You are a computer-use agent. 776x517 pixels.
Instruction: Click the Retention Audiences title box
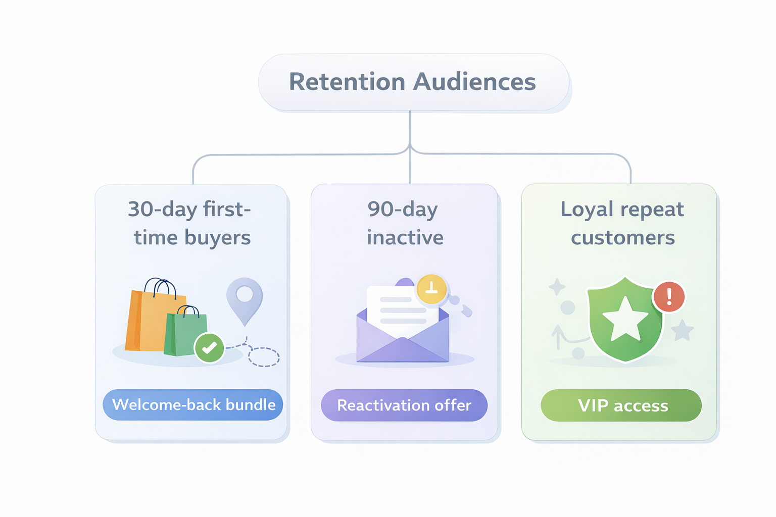(x=413, y=82)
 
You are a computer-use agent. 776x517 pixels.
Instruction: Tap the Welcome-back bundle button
(x=193, y=405)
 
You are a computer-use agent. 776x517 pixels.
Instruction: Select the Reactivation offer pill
(x=404, y=405)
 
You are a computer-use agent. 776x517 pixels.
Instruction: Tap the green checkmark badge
(x=209, y=348)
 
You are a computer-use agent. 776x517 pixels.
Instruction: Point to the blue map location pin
(x=245, y=298)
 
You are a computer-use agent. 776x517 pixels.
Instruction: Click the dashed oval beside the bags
(x=263, y=356)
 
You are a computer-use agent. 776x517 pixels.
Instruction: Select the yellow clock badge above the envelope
(x=431, y=289)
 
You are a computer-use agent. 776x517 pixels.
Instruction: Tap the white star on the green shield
(x=625, y=319)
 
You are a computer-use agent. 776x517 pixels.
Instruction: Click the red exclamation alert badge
(x=669, y=297)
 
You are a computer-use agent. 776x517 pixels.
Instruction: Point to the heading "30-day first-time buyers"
(x=190, y=223)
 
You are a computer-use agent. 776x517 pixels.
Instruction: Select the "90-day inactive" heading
(x=404, y=223)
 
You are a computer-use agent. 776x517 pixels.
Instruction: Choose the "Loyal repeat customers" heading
(x=622, y=223)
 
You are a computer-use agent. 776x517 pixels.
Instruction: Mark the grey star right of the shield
(x=682, y=331)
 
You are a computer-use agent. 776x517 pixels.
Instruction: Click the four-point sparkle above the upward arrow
(x=557, y=287)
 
